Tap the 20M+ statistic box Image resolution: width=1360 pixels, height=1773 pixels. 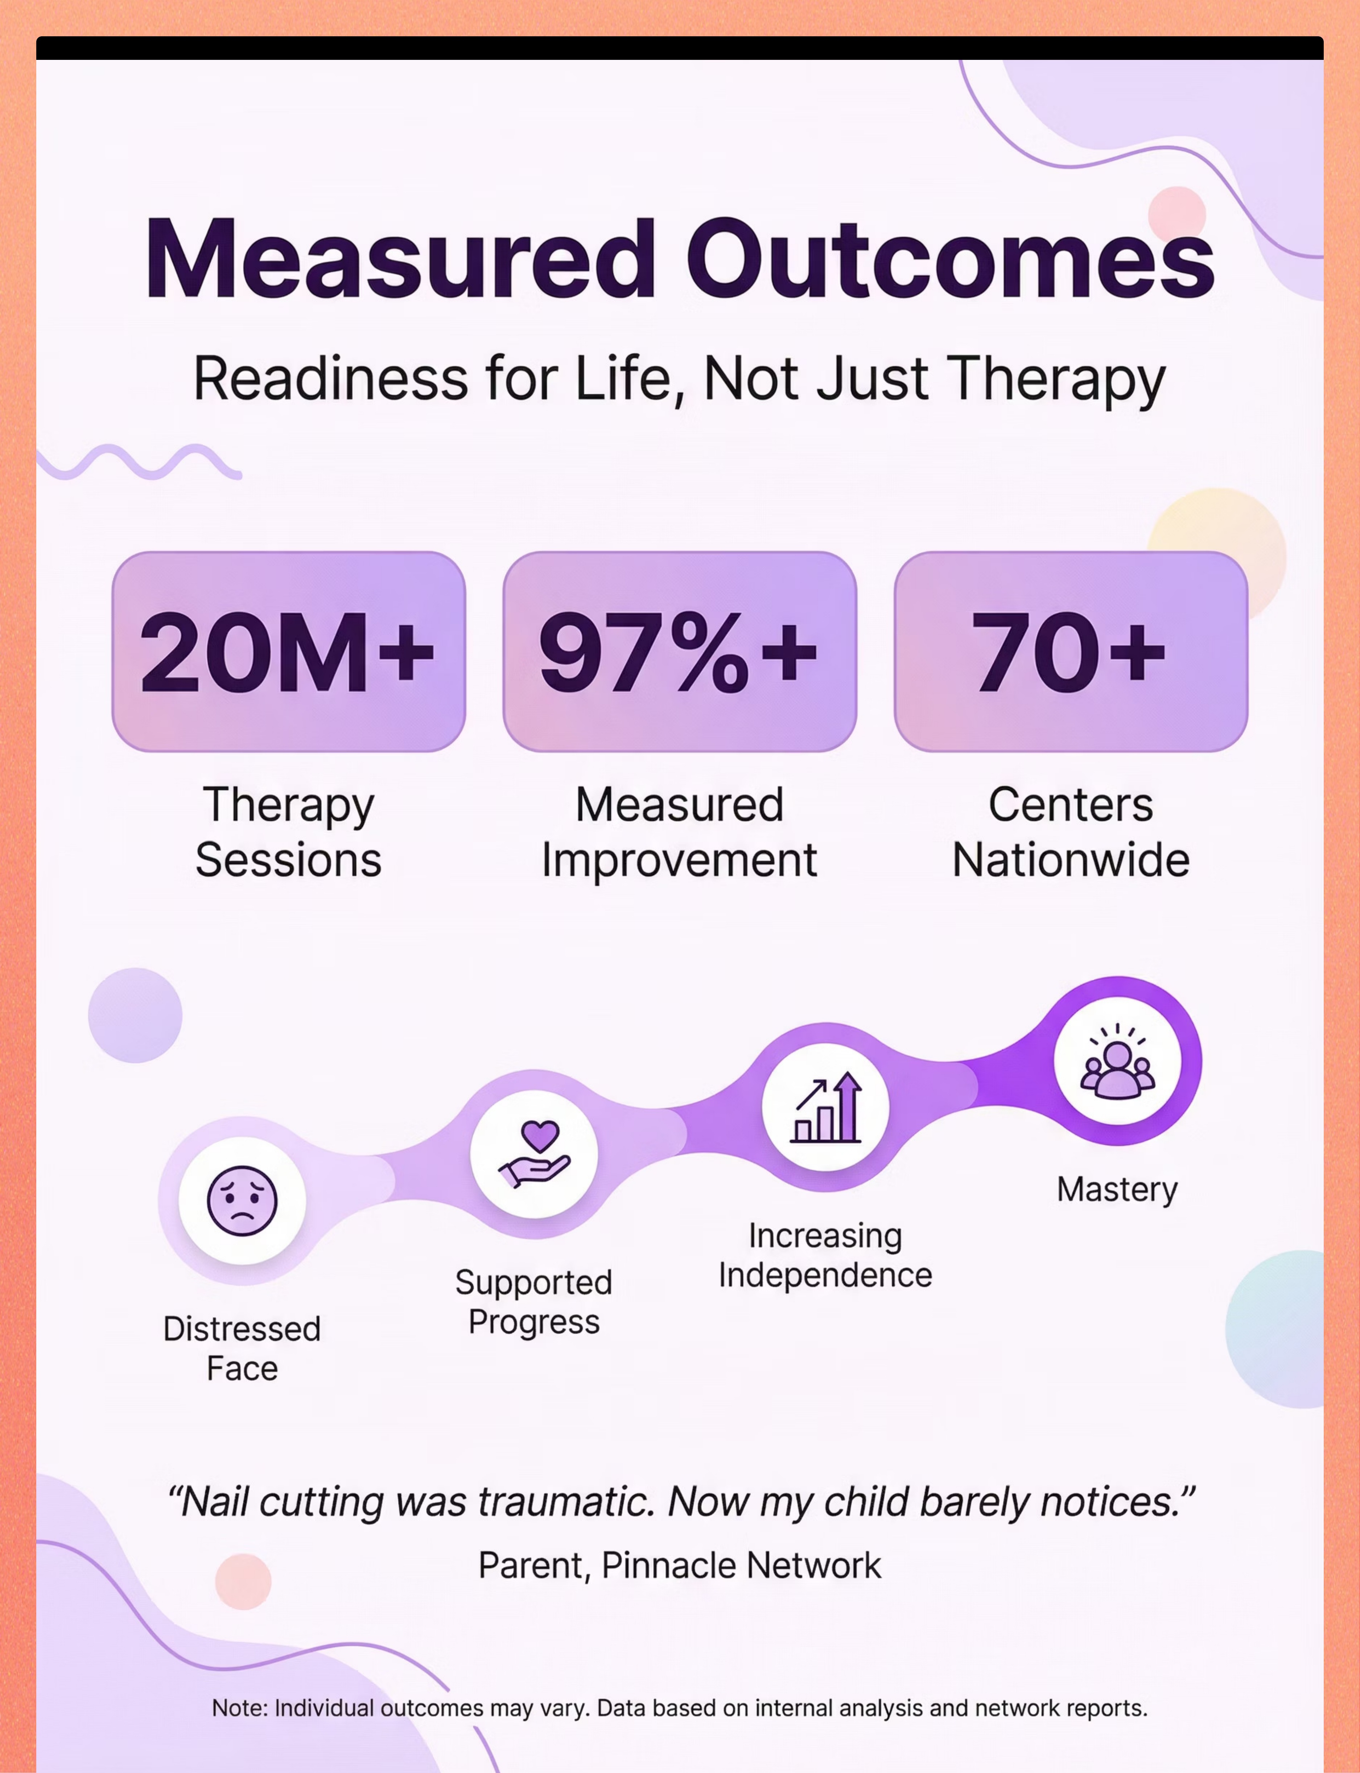point(289,652)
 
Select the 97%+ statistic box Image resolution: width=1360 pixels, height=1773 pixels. point(680,652)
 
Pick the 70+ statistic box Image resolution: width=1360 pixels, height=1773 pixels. point(1071,652)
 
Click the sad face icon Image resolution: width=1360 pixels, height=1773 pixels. point(242,1201)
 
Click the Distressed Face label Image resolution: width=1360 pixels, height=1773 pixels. point(242,1349)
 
